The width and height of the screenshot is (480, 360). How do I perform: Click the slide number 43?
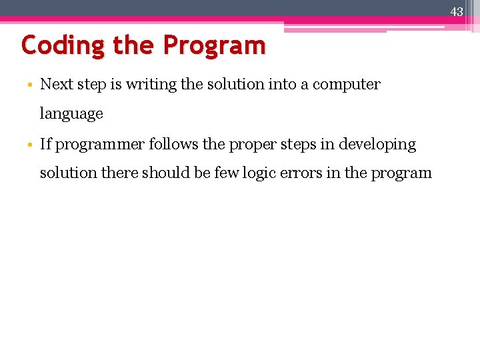(457, 12)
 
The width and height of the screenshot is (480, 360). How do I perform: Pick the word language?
(71, 114)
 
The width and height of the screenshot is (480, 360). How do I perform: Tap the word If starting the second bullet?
(45, 144)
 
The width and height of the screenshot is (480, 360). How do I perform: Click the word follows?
(171, 144)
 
